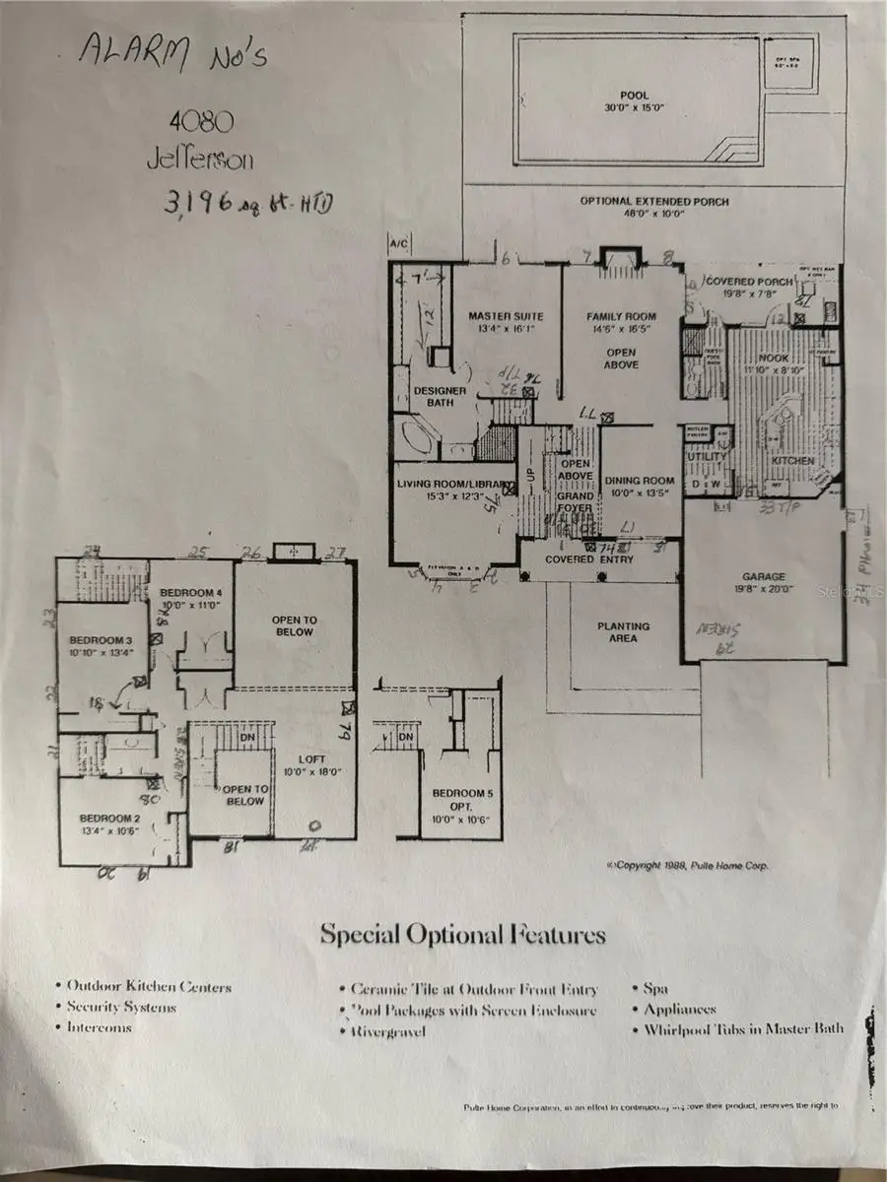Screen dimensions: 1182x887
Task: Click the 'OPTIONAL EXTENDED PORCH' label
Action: tap(654, 202)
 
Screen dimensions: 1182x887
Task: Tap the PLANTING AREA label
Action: tap(623, 631)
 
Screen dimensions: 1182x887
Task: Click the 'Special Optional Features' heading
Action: tap(462, 934)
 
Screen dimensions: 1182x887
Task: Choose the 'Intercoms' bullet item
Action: tap(99, 1026)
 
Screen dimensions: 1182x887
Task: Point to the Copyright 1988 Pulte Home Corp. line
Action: tap(688, 866)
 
